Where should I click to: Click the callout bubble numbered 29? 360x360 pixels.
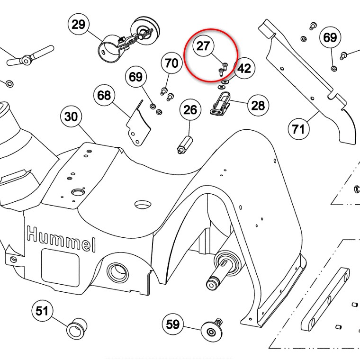pyautogui.click(x=79, y=25)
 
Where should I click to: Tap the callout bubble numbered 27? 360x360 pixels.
pyautogui.click(x=203, y=46)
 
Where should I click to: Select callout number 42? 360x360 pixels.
pyautogui.click(x=244, y=69)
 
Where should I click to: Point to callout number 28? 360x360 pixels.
pyautogui.click(x=258, y=105)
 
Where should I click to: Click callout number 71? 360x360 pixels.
pyautogui.click(x=298, y=127)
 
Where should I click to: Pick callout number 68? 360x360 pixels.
pyautogui.click(x=104, y=96)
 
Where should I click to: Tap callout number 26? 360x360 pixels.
pyautogui.click(x=190, y=110)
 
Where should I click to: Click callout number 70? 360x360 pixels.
pyautogui.click(x=171, y=63)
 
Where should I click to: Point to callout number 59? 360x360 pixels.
pyautogui.click(x=173, y=324)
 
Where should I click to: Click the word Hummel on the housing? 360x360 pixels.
pyautogui.click(x=61, y=239)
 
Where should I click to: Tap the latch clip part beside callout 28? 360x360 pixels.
pyautogui.click(x=221, y=103)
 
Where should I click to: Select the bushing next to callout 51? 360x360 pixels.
pyautogui.click(x=76, y=328)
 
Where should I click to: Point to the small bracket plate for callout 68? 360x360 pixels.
pyautogui.click(x=138, y=123)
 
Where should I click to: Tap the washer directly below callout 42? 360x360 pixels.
pyautogui.click(x=222, y=87)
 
